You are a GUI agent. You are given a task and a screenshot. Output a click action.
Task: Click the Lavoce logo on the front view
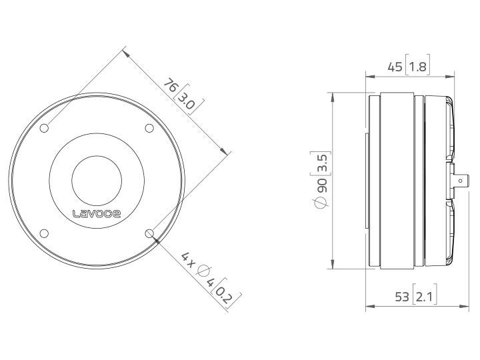pos(97,213)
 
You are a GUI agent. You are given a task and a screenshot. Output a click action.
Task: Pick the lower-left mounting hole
pos(44,233)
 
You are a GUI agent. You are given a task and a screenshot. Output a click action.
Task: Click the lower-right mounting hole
pos(149,233)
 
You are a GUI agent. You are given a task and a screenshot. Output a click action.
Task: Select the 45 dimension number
pos(395,66)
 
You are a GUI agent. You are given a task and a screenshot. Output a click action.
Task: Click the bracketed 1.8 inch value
pos(418,66)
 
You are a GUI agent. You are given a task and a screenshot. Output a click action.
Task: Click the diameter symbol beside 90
pos(322,205)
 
